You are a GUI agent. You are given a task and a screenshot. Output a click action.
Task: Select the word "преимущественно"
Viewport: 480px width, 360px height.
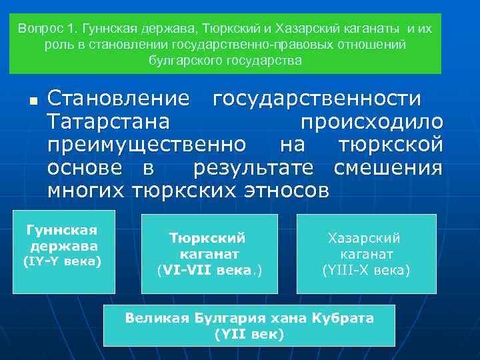tap(146, 145)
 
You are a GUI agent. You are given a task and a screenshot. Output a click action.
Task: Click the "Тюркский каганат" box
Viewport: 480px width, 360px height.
tap(209, 253)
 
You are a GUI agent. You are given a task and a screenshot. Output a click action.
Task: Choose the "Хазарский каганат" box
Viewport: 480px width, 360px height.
tap(366, 254)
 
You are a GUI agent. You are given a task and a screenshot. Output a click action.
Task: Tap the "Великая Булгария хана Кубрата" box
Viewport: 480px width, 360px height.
tap(249, 325)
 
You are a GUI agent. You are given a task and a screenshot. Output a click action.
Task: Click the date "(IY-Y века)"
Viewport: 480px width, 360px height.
tap(62, 261)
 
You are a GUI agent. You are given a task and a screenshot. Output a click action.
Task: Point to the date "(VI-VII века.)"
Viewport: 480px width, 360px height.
tap(209, 271)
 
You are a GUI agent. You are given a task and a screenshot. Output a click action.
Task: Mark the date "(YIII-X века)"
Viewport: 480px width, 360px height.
tap(366, 271)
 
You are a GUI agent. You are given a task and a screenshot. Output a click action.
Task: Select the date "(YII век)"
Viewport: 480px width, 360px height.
tap(249, 333)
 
